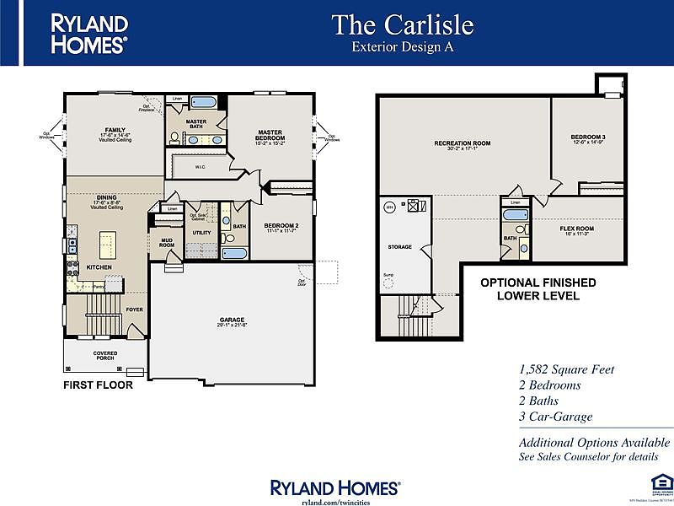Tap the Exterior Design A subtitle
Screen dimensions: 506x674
pyautogui.click(x=402, y=47)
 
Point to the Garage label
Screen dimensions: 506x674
pyautogui.click(x=232, y=320)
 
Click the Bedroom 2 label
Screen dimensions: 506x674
pyautogui.click(x=282, y=225)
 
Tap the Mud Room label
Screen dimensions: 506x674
pyautogui.click(x=167, y=244)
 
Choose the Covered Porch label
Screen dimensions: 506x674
pyautogui.click(x=105, y=355)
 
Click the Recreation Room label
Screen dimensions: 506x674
pyautogui.click(x=462, y=143)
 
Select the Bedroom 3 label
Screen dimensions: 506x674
pyautogui.click(x=588, y=137)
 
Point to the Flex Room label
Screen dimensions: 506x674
pyautogui.click(x=577, y=229)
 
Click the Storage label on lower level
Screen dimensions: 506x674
pyautogui.click(x=399, y=247)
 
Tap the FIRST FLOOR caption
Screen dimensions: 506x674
pyautogui.click(x=98, y=385)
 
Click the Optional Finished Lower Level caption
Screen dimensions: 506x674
pyautogui.click(x=538, y=289)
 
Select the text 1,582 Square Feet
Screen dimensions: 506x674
pyautogui.click(x=566, y=369)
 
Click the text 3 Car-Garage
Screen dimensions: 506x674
pyautogui.click(x=556, y=417)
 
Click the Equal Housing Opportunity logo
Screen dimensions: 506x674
pyautogui.click(x=657, y=484)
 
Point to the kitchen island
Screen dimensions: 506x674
pyautogui.click(x=108, y=246)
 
